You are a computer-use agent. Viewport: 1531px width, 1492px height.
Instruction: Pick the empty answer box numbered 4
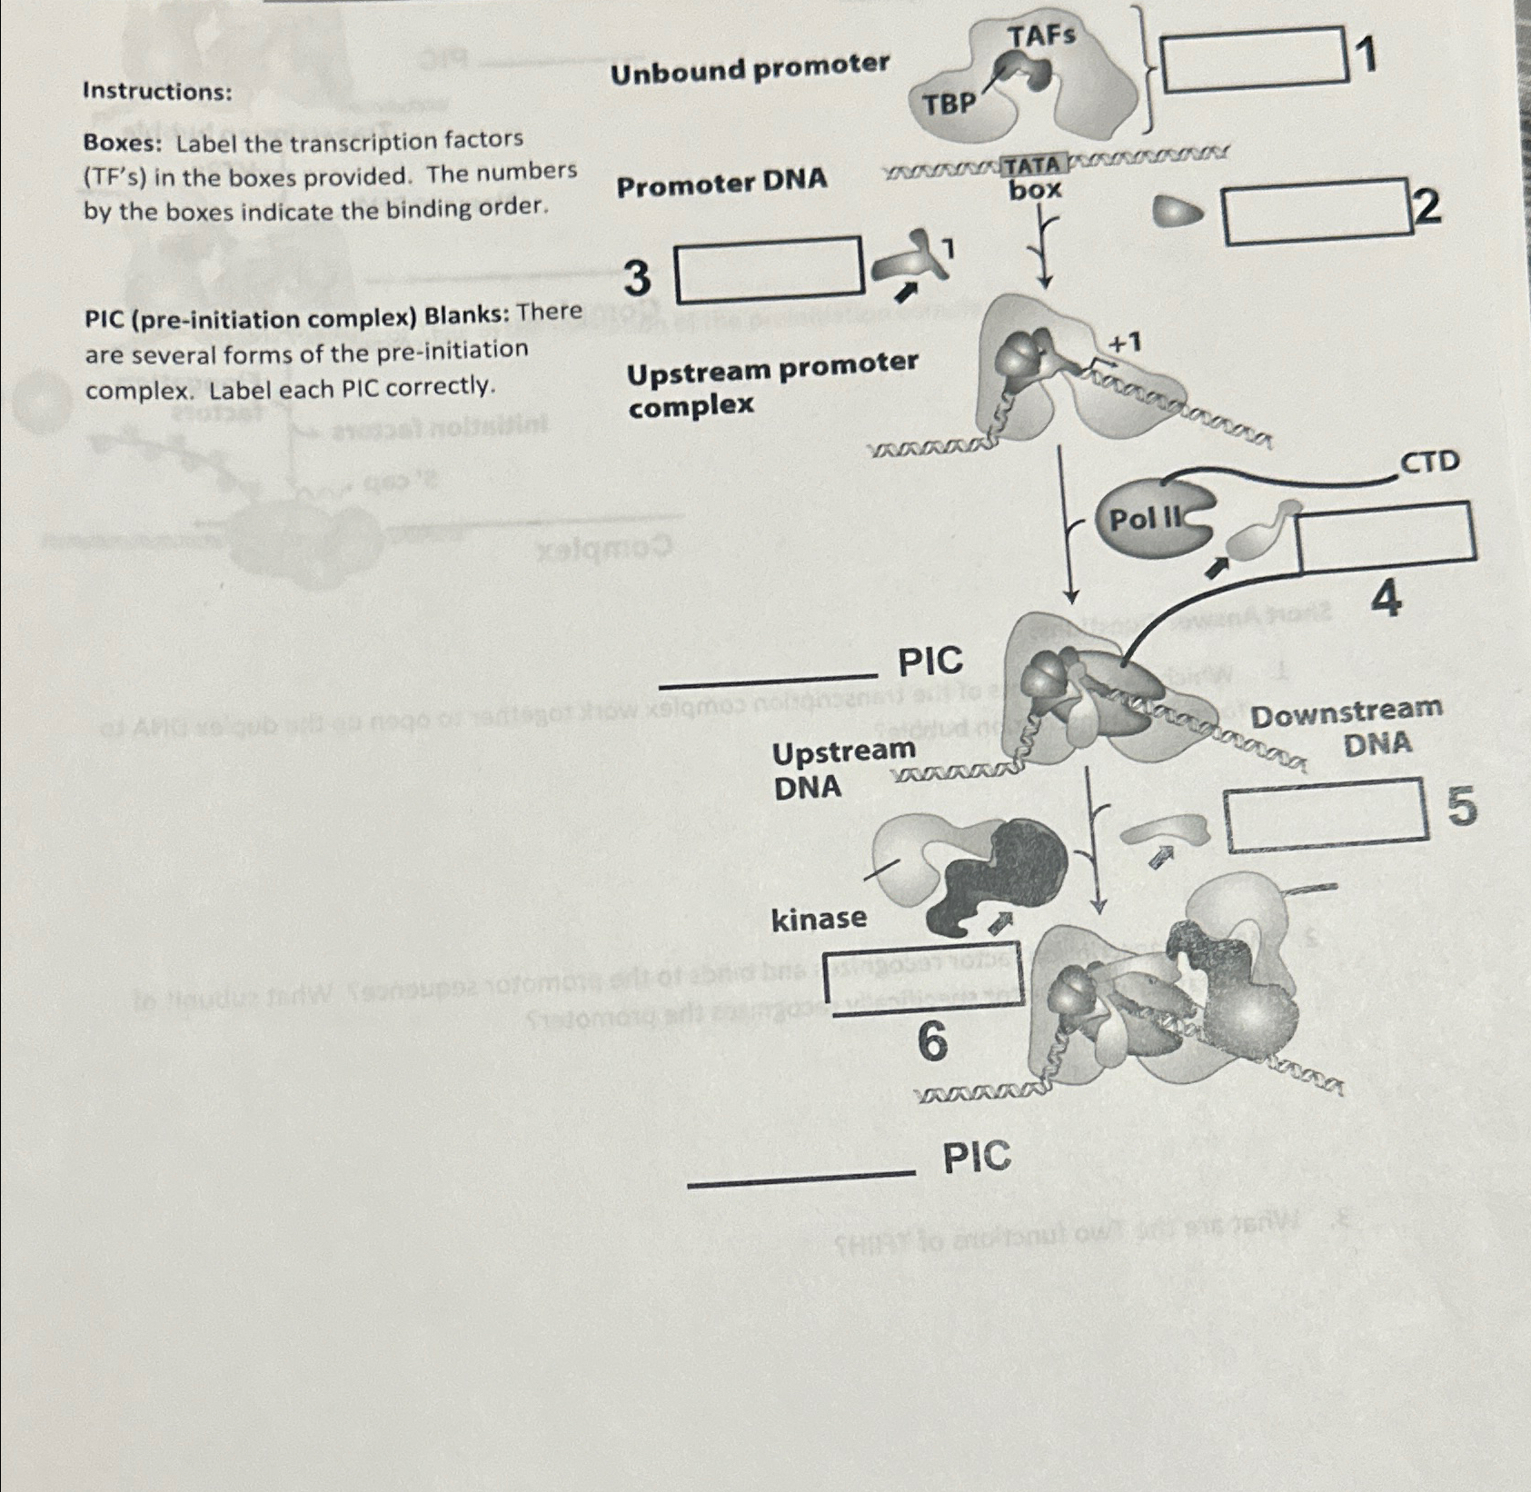pyautogui.click(x=1387, y=538)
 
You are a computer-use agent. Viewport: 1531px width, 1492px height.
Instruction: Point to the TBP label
pyautogui.click(x=949, y=104)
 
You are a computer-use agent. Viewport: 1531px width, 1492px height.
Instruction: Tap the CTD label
pyautogui.click(x=1430, y=462)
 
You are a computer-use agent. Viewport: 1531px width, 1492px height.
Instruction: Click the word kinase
pyautogui.click(x=819, y=919)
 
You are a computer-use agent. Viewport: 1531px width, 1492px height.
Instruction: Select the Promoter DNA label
pyautogui.click(x=722, y=182)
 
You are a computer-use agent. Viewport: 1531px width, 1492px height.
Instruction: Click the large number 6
pyautogui.click(x=932, y=1041)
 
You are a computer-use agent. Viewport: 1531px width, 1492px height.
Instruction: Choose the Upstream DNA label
pyautogui.click(x=841, y=768)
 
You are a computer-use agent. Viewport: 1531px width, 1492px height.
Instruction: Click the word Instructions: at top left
pyautogui.click(x=156, y=91)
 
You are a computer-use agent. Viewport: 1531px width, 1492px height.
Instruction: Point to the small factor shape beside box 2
pyautogui.click(x=1177, y=214)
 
